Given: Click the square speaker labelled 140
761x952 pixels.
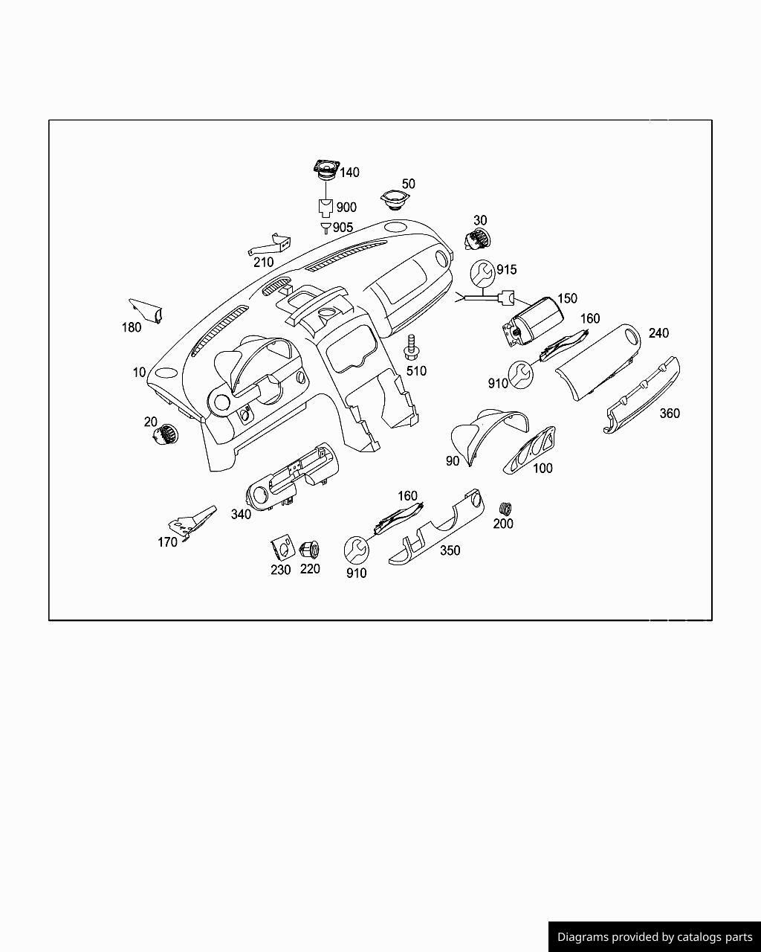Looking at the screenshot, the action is pyautogui.click(x=326, y=170).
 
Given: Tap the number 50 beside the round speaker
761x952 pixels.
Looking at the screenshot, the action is pyautogui.click(x=408, y=184).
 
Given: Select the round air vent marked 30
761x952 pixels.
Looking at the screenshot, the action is pyautogui.click(x=478, y=239).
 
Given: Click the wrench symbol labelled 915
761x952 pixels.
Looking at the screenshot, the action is pyautogui.click(x=482, y=272).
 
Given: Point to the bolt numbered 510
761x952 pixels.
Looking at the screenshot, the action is pyautogui.click(x=411, y=348).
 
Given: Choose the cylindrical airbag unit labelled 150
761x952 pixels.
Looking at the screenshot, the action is pyautogui.click(x=533, y=321).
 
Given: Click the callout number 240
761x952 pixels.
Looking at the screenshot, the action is pyautogui.click(x=658, y=333).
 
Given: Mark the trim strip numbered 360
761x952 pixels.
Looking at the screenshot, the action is pyautogui.click(x=642, y=395).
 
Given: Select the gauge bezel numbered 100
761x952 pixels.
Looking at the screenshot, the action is pyautogui.click(x=529, y=450).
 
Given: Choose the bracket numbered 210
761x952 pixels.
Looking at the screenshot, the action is pyautogui.click(x=270, y=244).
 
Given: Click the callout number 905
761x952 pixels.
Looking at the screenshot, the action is pyautogui.click(x=343, y=228).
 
